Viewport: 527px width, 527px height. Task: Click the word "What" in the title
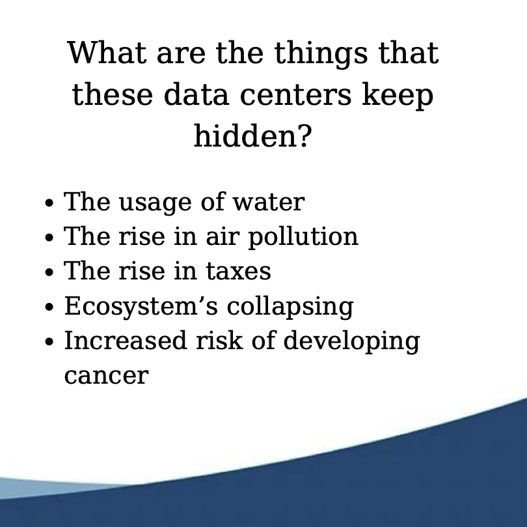tap(107, 53)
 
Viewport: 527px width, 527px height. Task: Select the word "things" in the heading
tap(321, 54)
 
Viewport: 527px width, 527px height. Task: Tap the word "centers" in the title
tap(296, 95)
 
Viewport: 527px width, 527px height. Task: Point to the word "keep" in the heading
tap(398, 96)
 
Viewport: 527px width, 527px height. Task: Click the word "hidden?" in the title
tap(252, 136)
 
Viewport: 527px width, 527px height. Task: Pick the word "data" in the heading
tap(196, 94)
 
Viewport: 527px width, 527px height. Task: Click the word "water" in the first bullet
tap(269, 203)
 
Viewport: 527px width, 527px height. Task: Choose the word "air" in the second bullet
tap(223, 236)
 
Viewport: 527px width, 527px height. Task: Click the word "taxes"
tap(238, 271)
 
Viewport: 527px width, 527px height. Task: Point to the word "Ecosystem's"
tap(141, 307)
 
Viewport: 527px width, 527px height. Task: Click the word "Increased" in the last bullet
tap(125, 340)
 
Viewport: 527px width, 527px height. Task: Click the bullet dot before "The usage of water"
tap(49, 203)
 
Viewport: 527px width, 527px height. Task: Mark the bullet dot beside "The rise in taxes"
tap(49, 272)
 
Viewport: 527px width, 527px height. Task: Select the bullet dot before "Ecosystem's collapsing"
tap(49, 307)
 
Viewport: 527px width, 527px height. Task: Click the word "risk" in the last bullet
tap(219, 340)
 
